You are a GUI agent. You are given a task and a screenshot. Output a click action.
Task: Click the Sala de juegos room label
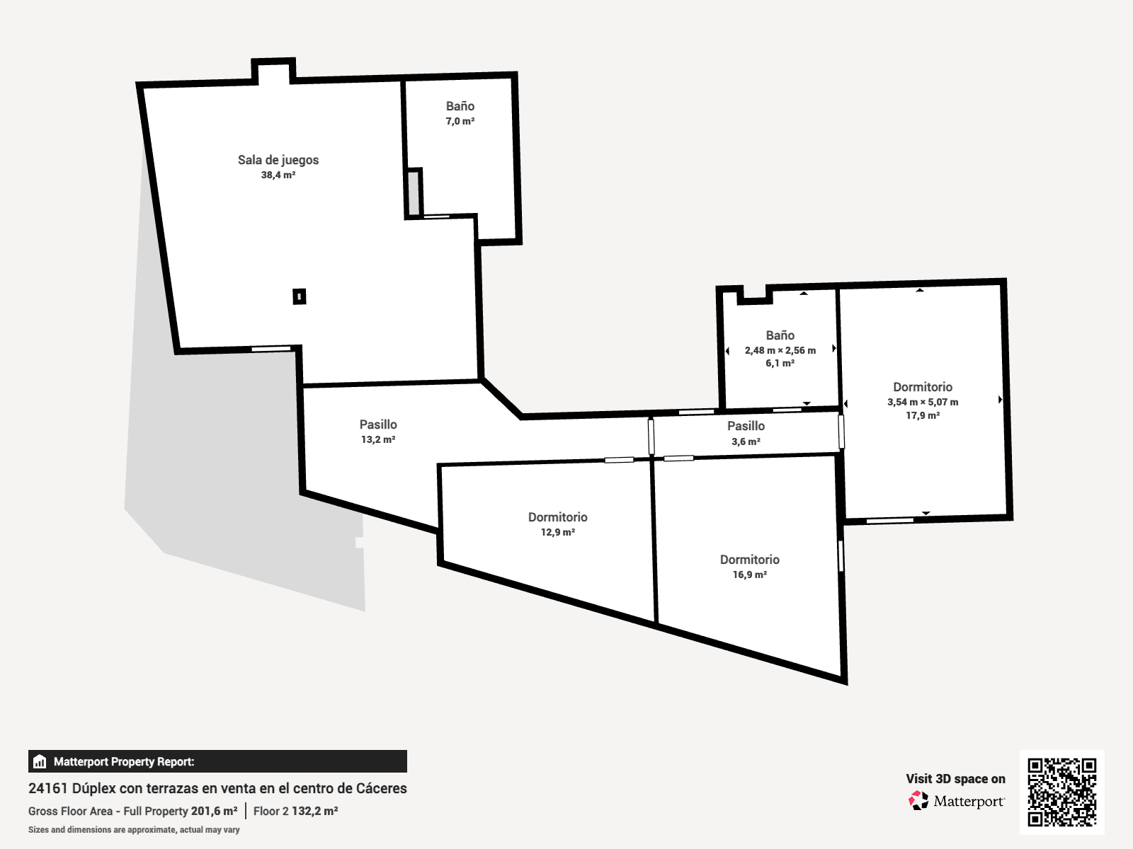[x=278, y=160]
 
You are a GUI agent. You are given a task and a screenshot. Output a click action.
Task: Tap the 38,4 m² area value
[x=278, y=175]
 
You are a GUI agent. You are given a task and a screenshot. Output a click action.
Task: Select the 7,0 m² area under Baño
[x=460, y=122]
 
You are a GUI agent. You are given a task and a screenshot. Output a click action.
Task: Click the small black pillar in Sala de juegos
[x=300, y=296]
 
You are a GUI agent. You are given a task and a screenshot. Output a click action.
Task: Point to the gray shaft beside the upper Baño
[x=414, y=192]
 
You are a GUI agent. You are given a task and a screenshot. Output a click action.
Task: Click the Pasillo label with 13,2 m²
[x=378, y=424]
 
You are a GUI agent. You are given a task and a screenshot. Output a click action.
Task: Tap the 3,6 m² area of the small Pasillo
[x=746, y=441]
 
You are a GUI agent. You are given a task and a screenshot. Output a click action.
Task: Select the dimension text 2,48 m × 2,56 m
[x=780, y=350]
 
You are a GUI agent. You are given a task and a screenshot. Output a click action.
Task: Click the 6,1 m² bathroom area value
[x=780, y=364]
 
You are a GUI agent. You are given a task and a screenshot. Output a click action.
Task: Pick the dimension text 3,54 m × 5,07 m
[x=923, y=402]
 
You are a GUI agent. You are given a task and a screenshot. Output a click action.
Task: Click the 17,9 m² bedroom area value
[x=923, y=415]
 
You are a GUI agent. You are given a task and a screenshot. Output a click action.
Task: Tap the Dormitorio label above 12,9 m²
[x=557, y=517]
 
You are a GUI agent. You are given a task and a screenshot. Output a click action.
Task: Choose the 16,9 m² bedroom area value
[x=749, y=574]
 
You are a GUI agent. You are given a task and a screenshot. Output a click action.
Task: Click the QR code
[x=1061, y=792]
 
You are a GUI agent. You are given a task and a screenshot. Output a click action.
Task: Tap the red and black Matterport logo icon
[x=918, y=801]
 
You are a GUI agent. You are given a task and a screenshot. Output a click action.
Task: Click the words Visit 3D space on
[x=955, y=779]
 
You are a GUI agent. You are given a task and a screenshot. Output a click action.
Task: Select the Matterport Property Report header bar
[x=217, y=761]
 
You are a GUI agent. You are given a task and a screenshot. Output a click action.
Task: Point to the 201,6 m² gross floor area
[x=215, y=811]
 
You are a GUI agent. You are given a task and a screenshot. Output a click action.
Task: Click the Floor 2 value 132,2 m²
[x=315, y=811]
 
